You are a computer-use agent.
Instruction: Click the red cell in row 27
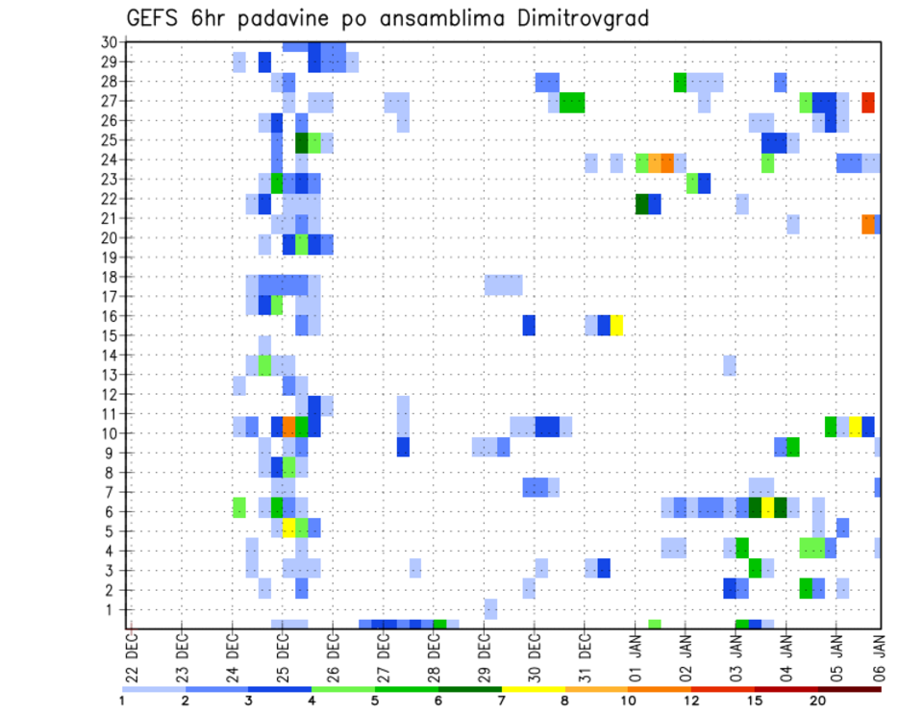pyautogui.click(x=868, y=102)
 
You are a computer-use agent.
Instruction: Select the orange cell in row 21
pyautogui.click(x=868, y=224)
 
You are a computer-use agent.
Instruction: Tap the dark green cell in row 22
pyautogui.click(x=641, y=204)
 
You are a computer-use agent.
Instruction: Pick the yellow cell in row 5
pyautogui.click(x=288, y=527)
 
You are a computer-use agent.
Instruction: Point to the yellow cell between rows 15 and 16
pyautogui.click(x=616, y=325)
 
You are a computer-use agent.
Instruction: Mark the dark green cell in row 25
pyautogui.click(x=301, y=143)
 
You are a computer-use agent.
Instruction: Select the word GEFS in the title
pyautogui.click(x=156, y=18)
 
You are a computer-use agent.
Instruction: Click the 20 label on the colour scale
pyautogui.click(x=817, y=701)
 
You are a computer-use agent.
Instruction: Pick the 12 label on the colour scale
pyautogui.click(x=692, y=701)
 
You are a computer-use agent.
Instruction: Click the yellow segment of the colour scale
pyautogui.click(x=533, y=689)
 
